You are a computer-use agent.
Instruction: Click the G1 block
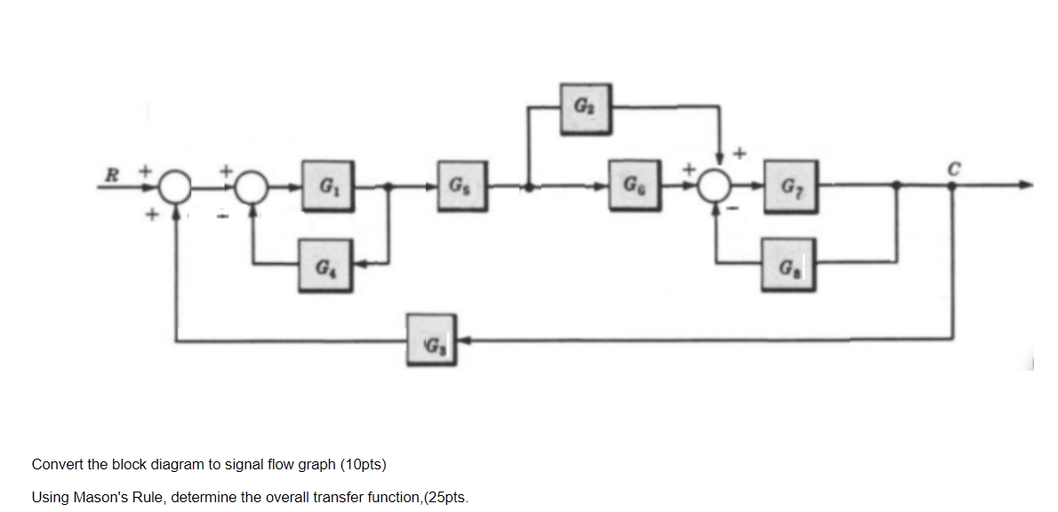click(328, 187)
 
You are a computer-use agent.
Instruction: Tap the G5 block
click(461, 187)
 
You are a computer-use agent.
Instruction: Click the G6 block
click(633, 187)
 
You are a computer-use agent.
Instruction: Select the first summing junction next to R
click(173, 188)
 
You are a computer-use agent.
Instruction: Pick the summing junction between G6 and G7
click(717, 188)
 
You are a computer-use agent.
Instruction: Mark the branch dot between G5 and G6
click(531, 188)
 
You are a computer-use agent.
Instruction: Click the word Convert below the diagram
click(57, 464)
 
